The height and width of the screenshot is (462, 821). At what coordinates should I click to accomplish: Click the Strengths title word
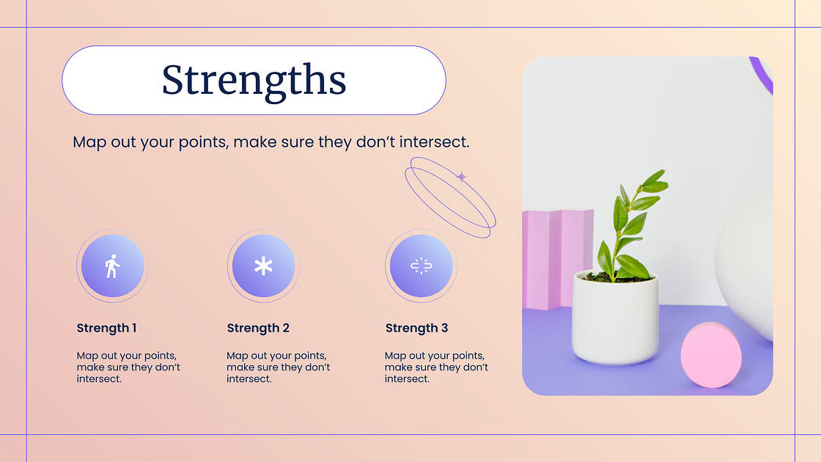[254, 80]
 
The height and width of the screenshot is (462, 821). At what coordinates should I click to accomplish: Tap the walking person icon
[111, 266]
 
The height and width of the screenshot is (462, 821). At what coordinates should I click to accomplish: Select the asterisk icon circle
[263, 266]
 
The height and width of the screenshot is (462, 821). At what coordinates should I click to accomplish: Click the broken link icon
[420, 266]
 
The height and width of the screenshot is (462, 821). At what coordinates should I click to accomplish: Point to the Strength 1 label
[106, 328]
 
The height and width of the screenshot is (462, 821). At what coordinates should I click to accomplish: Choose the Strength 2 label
[258, 328]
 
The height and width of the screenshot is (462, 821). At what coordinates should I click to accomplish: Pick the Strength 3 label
[416, 328]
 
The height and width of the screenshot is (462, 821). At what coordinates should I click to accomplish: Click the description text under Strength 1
[128, 367]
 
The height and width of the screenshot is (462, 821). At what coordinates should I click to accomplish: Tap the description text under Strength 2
[279, 367]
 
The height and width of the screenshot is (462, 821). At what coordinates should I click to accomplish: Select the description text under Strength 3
[436, 367]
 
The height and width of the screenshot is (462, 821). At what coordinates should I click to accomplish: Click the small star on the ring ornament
[461, 177]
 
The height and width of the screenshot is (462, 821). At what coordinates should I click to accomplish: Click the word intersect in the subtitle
[433, 142]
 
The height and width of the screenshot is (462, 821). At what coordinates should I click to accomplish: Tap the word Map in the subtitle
[89, 142]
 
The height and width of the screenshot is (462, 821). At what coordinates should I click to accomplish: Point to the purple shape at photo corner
[763, 73]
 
